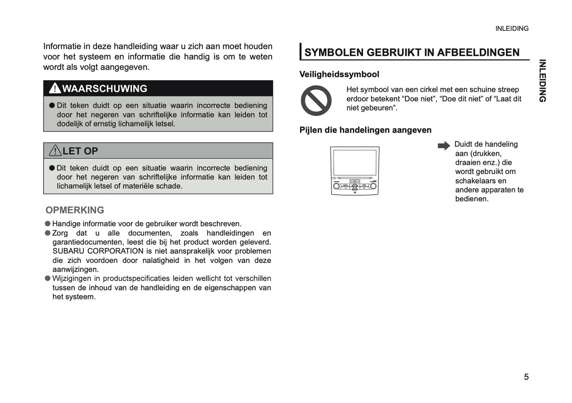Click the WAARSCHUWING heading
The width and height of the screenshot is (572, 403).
point(105,89)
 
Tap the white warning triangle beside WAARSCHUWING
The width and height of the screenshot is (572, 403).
point(55,88)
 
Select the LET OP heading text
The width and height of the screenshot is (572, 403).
point(80,151)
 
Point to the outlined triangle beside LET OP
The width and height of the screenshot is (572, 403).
point(55,151)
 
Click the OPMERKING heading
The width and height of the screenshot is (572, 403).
point(75,210)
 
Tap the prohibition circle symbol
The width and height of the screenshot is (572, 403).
point(316,101)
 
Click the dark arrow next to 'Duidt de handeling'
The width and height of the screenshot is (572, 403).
point(444,146)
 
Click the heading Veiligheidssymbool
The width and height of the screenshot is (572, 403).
point(339,74)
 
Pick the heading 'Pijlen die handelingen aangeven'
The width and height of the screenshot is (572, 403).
point(365,130)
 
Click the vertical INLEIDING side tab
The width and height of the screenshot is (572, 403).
point(542,81)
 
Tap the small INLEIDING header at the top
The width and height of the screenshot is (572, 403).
point(512,29)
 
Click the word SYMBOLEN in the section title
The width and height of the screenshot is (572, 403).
point(334,53)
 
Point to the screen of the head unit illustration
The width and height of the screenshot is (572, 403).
point(355,162)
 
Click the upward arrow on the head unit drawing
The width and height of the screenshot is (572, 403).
point(355,186)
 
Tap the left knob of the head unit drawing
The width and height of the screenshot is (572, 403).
point(336,186)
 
